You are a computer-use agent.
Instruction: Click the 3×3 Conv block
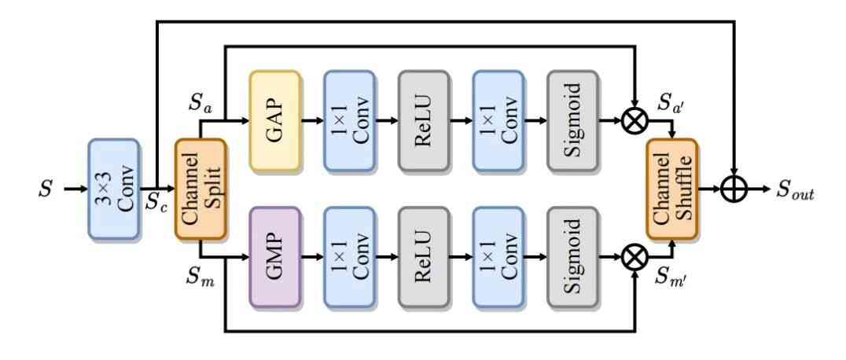click(113, 189)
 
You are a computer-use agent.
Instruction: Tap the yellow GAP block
click(275, 122)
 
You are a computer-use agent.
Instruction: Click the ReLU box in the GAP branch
click(424, 122)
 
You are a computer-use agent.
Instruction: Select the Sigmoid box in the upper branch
click(572, 122)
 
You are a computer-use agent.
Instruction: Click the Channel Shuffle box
click(671, 189)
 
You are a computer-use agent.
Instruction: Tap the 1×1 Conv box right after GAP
click(349, 122)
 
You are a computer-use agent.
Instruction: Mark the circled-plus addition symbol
click(733, 189)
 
